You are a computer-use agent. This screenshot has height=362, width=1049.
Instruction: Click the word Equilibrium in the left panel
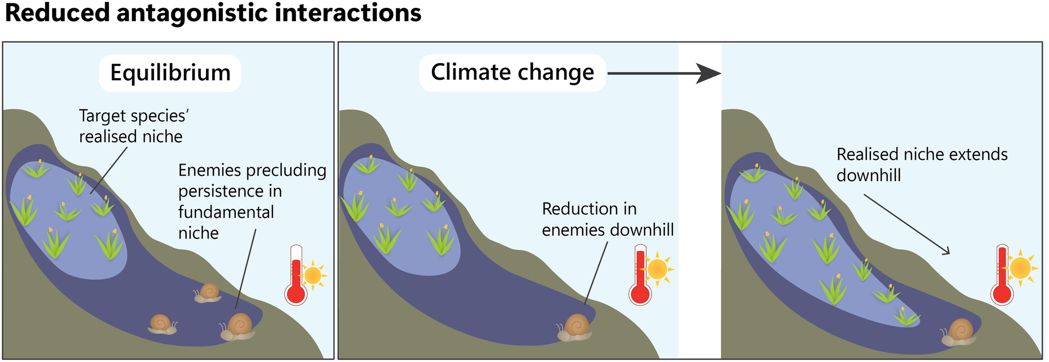point(170,73)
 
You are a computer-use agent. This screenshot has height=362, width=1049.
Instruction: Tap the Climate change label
point(512,72)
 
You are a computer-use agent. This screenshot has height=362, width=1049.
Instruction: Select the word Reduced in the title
point(57,13)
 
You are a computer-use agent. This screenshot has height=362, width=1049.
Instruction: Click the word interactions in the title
point(348,13)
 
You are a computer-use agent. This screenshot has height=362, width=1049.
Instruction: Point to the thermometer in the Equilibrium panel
point(296,276)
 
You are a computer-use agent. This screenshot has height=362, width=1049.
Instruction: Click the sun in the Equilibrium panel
point(313,275)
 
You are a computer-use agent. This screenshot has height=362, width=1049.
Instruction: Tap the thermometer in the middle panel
point(640,276)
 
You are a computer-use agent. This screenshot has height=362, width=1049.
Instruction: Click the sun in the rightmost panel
point(1019,268)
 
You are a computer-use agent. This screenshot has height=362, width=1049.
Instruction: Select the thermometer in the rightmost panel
point(1002,276)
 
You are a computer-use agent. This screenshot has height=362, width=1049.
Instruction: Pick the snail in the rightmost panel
point(959,332)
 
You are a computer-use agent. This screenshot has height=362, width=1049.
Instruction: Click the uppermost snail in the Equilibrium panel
point(208,293)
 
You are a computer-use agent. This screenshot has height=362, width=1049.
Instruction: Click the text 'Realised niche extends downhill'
point(921,165)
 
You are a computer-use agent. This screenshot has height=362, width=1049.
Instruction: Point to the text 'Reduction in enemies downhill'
point(607,219)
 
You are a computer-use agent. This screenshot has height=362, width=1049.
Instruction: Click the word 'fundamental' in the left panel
point(226,212)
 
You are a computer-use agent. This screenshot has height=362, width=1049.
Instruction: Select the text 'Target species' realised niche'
point(133,126)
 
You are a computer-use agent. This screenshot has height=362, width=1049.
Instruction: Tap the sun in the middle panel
point(657,269)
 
